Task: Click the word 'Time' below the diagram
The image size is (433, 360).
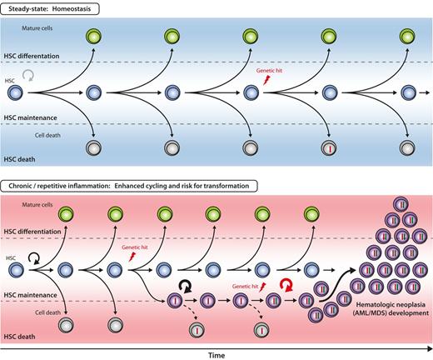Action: pyautogui.click(x=216, y=353)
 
